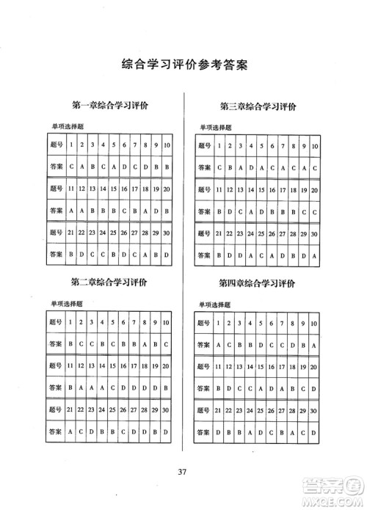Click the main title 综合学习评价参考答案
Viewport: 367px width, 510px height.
pyautogui.click(x=183, y=65)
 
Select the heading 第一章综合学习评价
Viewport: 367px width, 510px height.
pyautogui.click(x=109, y=106)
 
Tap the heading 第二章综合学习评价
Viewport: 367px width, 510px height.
pyautogui.click(x=109, y=283)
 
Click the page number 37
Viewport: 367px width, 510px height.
pyautogui.click(x=183, y=470)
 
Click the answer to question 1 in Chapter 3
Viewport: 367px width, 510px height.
pyautogui.click(x=219, y=168)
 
